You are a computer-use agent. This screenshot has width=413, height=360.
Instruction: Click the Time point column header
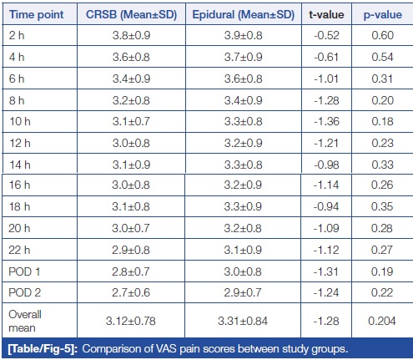(37, 14)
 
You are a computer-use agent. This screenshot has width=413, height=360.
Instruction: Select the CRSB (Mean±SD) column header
(131, 14)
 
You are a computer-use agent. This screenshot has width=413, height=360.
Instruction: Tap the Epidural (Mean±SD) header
(244, 14)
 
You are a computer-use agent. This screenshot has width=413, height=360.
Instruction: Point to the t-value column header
(326, 14)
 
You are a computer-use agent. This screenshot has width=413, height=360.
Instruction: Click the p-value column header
(383, 15)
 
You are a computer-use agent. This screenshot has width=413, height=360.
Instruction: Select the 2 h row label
(17, 35)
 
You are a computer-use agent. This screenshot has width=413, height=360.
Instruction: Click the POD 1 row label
(24, 271)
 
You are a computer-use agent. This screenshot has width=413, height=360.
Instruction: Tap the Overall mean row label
(25, 321)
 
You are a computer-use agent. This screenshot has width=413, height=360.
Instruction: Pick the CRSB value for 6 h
(131, 79)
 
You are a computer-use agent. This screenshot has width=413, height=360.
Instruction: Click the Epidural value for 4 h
(244, 57)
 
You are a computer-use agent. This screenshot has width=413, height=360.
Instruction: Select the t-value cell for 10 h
(326, 121)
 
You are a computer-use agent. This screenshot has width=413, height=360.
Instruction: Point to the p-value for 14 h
(383, 165)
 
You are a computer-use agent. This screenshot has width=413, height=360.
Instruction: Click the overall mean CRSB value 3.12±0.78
(131, 321)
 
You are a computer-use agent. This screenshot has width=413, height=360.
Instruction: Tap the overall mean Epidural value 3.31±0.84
(243, 321)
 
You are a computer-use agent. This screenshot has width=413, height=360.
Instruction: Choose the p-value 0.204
(382, 321)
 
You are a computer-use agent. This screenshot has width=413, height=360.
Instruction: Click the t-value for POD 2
(326, 292)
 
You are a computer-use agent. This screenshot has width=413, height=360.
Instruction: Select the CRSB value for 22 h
(131, 250)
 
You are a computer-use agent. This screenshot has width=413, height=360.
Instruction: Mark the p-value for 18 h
(382, 206)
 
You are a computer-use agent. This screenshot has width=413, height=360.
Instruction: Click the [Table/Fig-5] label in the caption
(43, 349)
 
